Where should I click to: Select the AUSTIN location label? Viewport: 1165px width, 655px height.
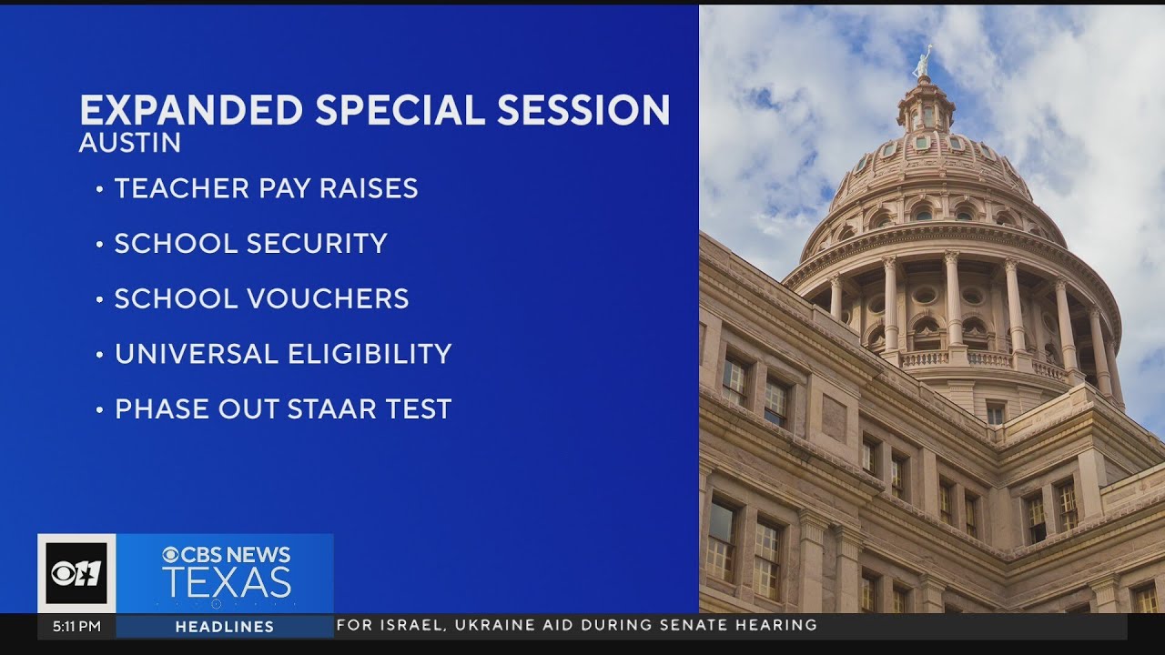click(x=130, y=144)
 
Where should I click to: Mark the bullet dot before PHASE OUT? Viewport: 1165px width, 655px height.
click(x=99, y=410)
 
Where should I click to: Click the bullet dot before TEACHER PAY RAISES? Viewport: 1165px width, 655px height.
click(x=99, y=189)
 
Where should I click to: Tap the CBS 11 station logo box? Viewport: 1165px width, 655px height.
click(x=76, y=573)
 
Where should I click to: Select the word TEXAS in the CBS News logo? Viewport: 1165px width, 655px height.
click(x=227, y=582)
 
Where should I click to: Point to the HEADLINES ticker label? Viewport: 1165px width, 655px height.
click(x=225, y=626)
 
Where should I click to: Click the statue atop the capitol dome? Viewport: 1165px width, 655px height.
click(x=924, y=63)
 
